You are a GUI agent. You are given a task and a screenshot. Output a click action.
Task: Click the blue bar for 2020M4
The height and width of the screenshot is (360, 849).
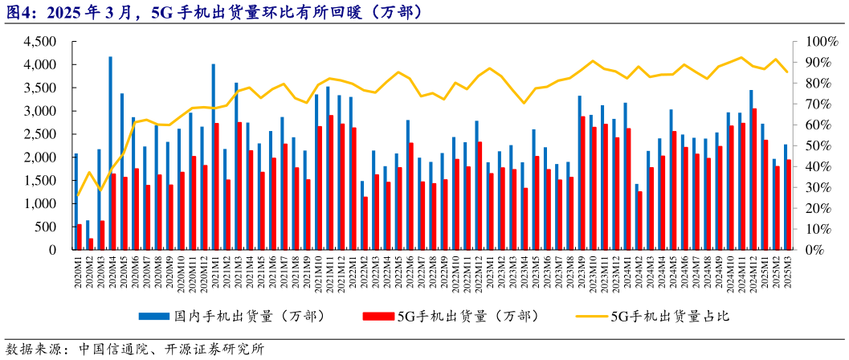[110, 153]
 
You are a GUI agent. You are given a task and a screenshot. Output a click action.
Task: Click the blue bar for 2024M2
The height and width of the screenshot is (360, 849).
[637, 217]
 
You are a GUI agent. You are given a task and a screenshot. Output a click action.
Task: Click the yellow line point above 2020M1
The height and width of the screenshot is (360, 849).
[77, 195]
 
